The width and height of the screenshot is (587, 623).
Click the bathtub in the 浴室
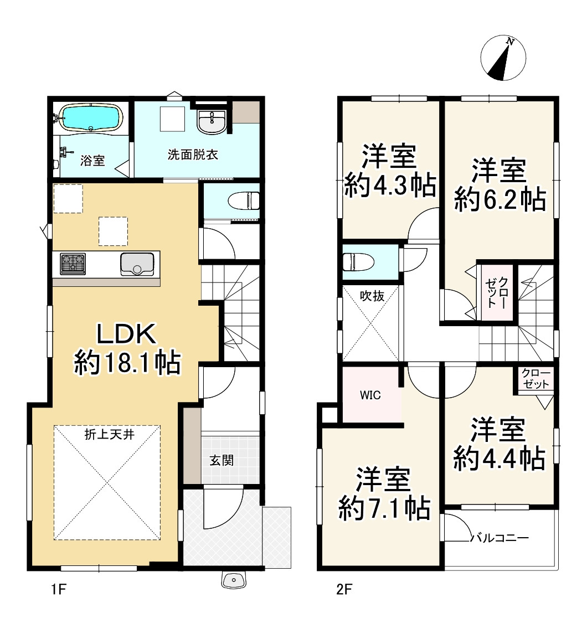click(x=91, y=117)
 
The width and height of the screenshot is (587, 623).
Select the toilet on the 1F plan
click(x=244, y=200)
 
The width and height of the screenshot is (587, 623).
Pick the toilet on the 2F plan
click(x=358, y=262)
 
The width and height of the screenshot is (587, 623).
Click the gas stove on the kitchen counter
click(x=73, y=264)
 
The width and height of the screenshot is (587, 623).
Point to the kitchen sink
click(x=137, y=264)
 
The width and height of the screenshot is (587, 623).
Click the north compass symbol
click(x=503, y=58)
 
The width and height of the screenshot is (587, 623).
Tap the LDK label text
click(x=126, y=334)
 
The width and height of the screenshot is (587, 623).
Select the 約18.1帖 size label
click(x=127, y=362)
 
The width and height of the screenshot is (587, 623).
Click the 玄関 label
click(x=222, y=461)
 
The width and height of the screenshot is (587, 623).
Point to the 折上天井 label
click(x=109, y=435)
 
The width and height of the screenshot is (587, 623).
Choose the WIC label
click(x=370, y=395)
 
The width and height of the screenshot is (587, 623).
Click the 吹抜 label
click(x=372, y=296)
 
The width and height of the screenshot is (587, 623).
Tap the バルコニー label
click(x=500, y=538)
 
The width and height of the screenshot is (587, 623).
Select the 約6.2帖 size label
click(x=500, y=199)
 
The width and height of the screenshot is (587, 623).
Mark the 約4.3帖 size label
click(x=390, y=185)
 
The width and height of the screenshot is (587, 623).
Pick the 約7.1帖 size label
click(x=384, y=507)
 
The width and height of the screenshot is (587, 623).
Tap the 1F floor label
click(x=58, y=589)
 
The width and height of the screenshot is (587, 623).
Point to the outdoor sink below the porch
click(x=235, y=580)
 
